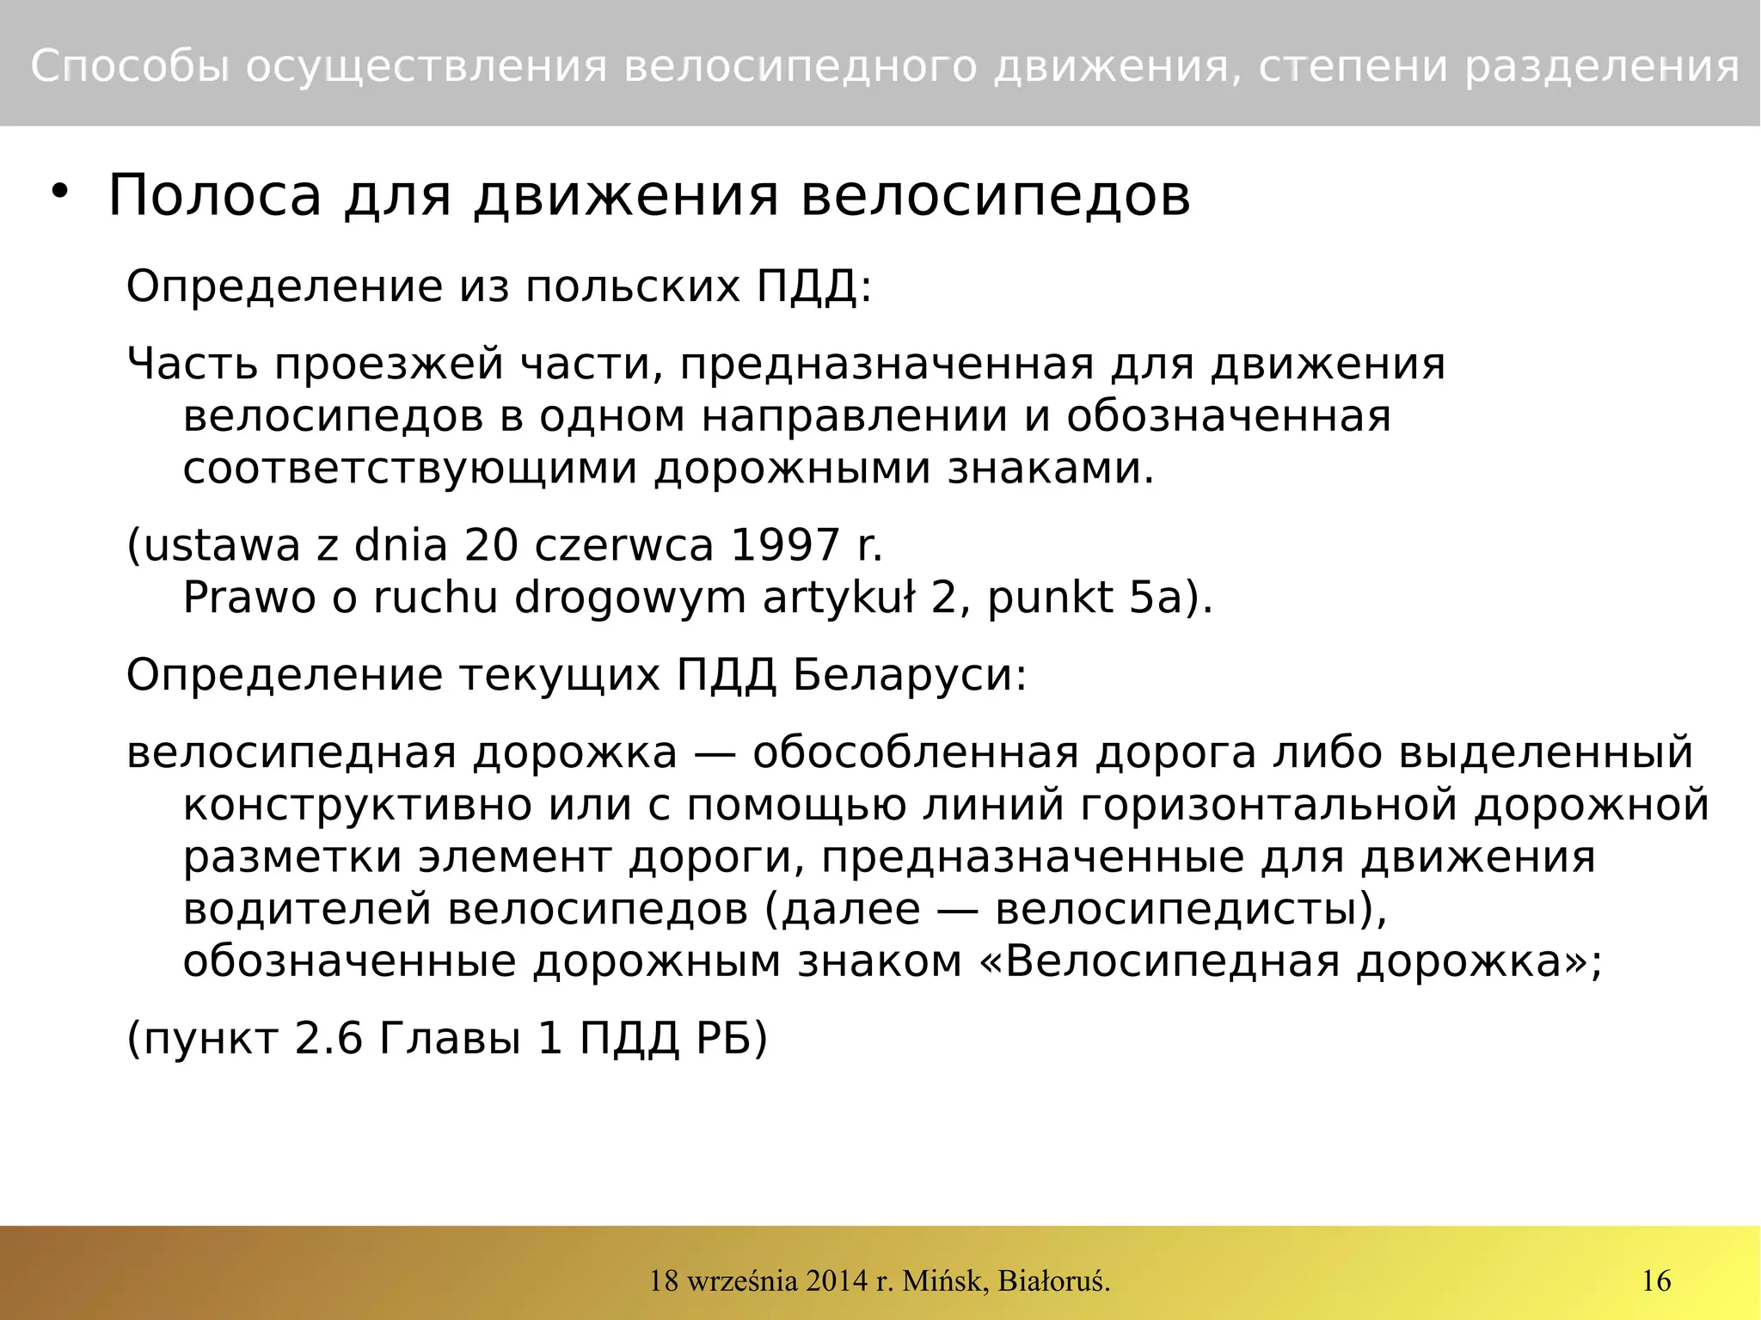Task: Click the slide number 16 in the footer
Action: pyautogui.click(x=1656, y=1280)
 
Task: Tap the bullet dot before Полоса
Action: pyautogui.click(x=58, y=191)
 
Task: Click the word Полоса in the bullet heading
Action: pyautogui.click(x=214, y=196)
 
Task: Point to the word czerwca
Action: pyautogui.click(x=624, y=544)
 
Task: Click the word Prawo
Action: pyautogui.click(x=249, y=597)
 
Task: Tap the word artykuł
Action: pyautogui.click(x=838, y=597)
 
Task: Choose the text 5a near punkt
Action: pyautogui.click(x=1156, y=597)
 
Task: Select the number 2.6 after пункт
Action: pyautogui.click(x=328, y=1038)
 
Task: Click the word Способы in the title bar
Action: pyautogui.click(x=130, y=66)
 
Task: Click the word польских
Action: pyautogui.click(x=632, y=285)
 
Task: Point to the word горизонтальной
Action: pyautogui.click(x=1269, y=805)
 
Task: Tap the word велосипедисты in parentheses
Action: pyautogui.click(x=1183, y=909)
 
